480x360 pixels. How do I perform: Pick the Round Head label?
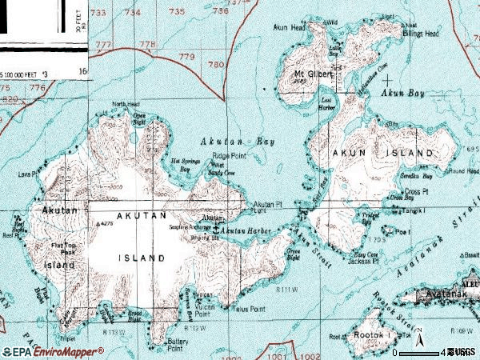tap(463, 170)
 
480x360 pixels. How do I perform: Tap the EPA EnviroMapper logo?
tap(52, 351)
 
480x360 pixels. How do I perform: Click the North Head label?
tap(126, 105)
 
